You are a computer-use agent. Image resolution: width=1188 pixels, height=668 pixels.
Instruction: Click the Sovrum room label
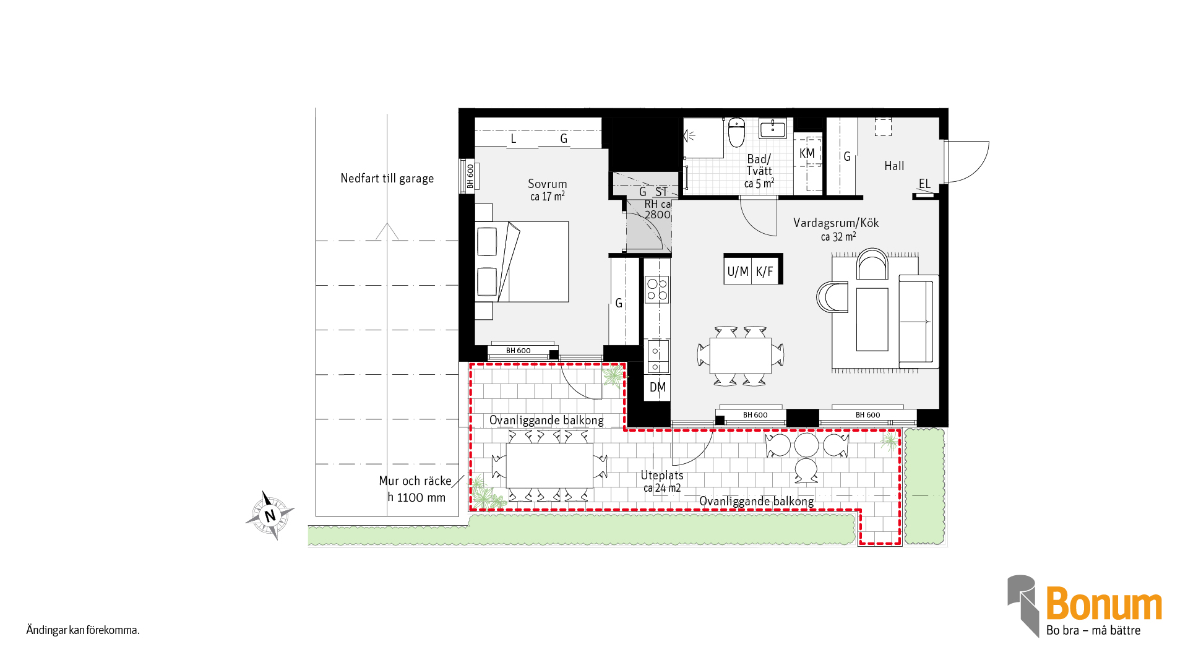coord(547,184)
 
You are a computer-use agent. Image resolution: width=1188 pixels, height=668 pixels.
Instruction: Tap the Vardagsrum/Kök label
coord(836,223)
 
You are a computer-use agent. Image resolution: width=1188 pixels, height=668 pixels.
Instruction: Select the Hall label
coord(894,166)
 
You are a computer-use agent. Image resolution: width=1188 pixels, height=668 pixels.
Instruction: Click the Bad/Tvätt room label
coord(759,165)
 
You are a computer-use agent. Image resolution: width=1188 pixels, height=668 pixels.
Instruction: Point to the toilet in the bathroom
coord(736,132)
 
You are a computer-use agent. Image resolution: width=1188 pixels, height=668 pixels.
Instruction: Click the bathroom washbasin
coord(773,129)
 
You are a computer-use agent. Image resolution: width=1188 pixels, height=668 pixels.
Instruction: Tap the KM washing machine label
coord(807,153)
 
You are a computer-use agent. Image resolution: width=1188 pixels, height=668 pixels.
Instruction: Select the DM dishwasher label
coord(658,388)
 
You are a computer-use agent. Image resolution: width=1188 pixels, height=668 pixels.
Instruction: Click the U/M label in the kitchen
coord(738,272)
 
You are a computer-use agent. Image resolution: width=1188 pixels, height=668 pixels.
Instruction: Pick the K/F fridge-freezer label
coord(765,272)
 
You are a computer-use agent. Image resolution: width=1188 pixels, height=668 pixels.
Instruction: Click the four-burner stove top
coord(657,289)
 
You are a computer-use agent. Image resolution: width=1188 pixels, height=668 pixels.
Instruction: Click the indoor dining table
coord(741,355)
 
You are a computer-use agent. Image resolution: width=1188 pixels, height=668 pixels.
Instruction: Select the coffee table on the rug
coord(872,319)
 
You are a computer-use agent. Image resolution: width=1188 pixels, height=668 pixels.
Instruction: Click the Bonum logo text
coord(1104,604)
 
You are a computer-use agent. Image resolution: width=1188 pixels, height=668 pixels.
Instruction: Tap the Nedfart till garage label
coord(387,179)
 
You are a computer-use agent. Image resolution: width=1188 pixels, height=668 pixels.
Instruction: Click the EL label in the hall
coord(924,184)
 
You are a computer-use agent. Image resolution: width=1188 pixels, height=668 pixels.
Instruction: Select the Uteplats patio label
coord(662,475)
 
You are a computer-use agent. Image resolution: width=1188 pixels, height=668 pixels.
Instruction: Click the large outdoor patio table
coord(549,465)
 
